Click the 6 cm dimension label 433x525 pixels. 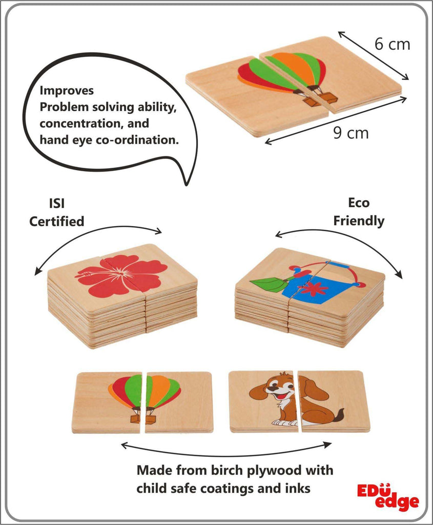(392, 44)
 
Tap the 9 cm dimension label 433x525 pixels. (350, 133)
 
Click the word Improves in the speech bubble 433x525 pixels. (67, 90)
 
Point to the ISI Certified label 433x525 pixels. (56, 212)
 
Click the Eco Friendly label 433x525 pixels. (359, 212)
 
